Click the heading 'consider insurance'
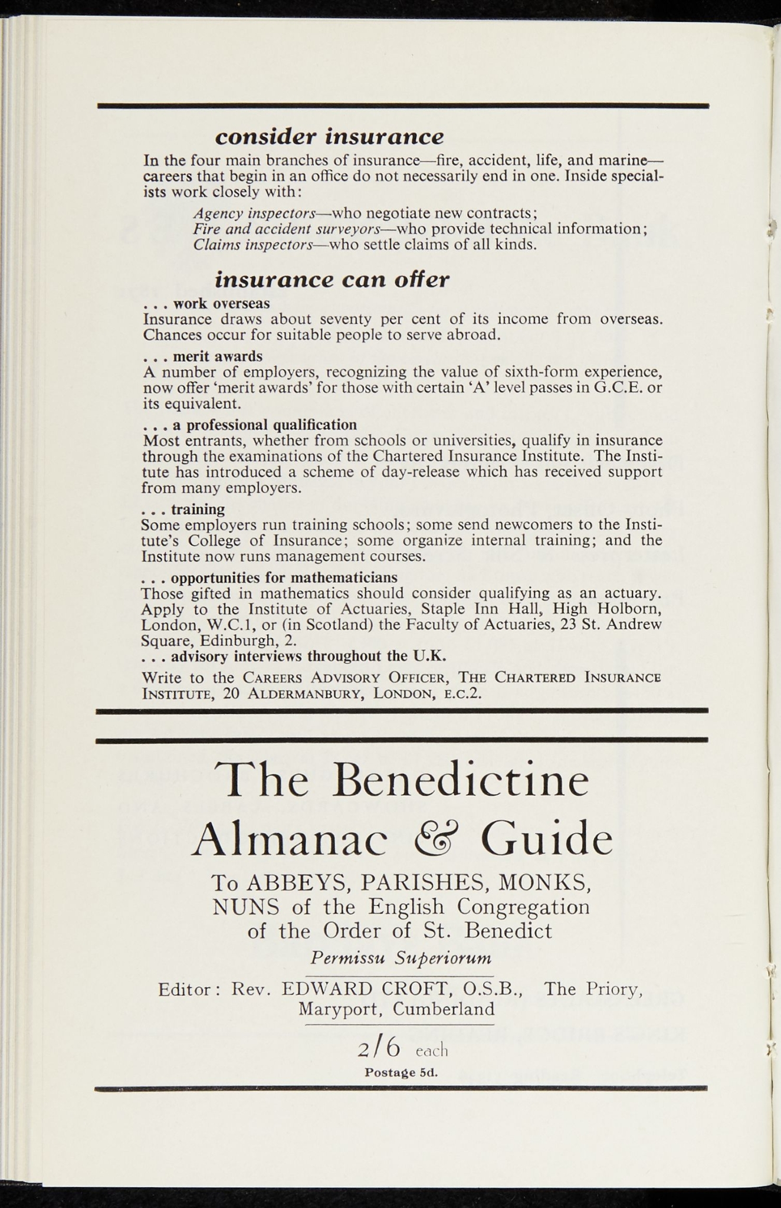[x=329, y=137]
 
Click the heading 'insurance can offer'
[x=332, y=279]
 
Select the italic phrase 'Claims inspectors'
[x=252, y=244]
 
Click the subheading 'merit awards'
[x=217, y=356]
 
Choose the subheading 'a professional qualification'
[x=264, y=425]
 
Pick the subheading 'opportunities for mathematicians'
[x=284, y=577]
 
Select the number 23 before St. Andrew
[x=568, y=624]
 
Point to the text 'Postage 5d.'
[x=401, y=1072]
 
